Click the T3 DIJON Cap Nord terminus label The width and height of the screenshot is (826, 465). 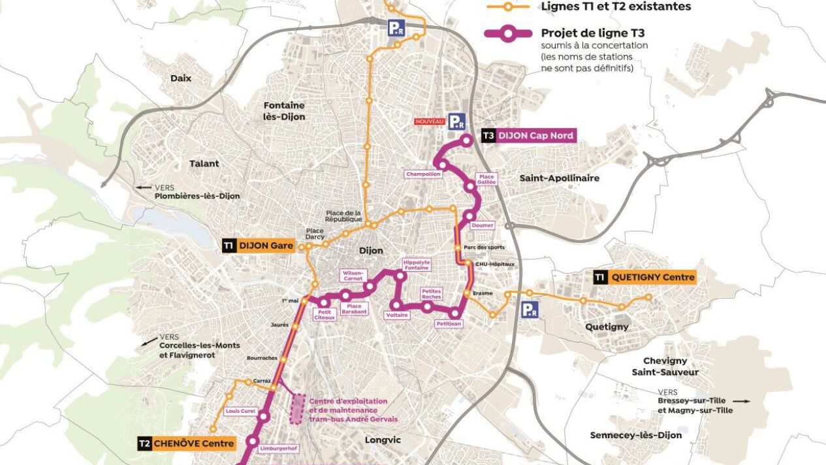(x=528, y=136)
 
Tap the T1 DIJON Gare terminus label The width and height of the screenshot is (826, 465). (x=257, y=246)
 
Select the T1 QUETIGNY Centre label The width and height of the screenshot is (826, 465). (x=644, y=277)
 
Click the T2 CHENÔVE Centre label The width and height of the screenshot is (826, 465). (x=186, y=444)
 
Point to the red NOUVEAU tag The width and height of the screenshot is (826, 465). (x=429, y=121)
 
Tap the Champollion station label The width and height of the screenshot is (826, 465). (x=423, y=174)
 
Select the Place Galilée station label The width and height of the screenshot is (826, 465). (x=487, y=179)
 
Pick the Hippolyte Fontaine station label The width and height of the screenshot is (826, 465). (x=417, y=265)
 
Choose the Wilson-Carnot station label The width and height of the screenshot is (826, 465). (x=353, y=276)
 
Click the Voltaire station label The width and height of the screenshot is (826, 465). (x=397, y=315)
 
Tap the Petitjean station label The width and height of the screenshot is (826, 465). (x=449, y=323)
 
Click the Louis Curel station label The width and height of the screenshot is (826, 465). (x=238, y=411)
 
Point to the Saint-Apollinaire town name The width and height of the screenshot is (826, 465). (x=559, y=178)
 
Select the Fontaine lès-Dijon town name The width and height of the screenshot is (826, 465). (x=284, y=111)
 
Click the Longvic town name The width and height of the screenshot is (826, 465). (x=383, y=440)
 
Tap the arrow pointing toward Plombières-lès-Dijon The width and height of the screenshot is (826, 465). (x=142, y=187)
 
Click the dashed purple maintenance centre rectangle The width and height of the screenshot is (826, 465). (x=298, y=409)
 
